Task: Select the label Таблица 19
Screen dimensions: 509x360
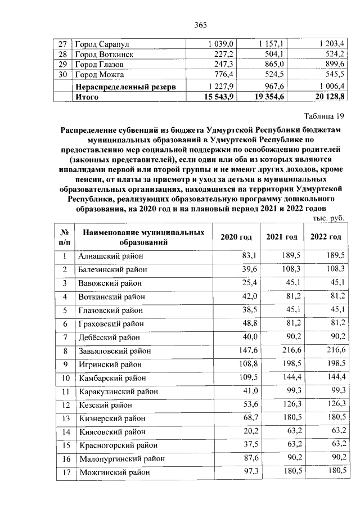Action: [323, 116]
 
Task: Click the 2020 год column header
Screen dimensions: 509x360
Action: [236, 237]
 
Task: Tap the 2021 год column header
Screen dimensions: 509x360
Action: [282, 237]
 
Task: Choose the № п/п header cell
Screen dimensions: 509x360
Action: [65, 237]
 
